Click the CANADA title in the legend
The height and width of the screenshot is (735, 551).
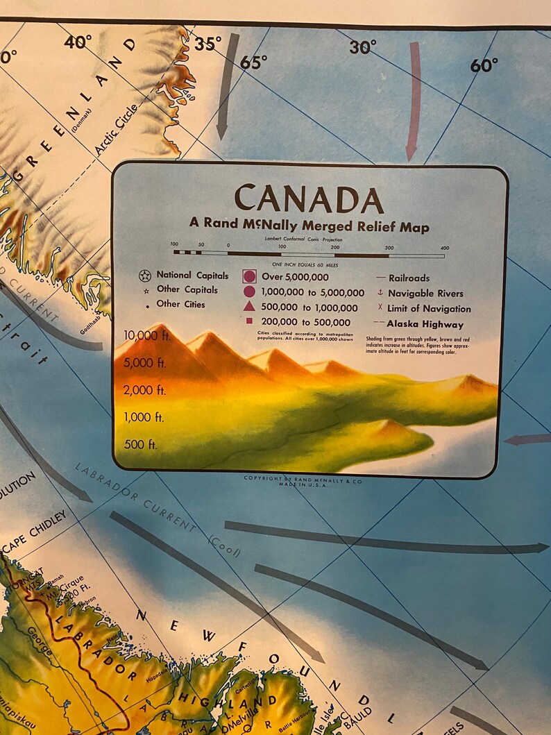[309, 199]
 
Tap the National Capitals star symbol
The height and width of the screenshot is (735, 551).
[144, 276]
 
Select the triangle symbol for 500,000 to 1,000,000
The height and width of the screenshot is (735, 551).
[249, 307]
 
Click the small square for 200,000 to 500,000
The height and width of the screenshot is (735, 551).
[249, 322]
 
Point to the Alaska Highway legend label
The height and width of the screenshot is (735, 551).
[425, 323]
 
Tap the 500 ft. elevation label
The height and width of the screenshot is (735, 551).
[141, 444]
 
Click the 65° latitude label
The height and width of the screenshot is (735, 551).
[253, 62]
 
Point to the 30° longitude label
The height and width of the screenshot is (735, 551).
[362, 47]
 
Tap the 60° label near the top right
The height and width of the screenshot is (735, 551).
[484, 65]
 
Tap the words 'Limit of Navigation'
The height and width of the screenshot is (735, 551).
[429, 309]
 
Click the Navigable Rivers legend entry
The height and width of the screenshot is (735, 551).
[425, 293]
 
